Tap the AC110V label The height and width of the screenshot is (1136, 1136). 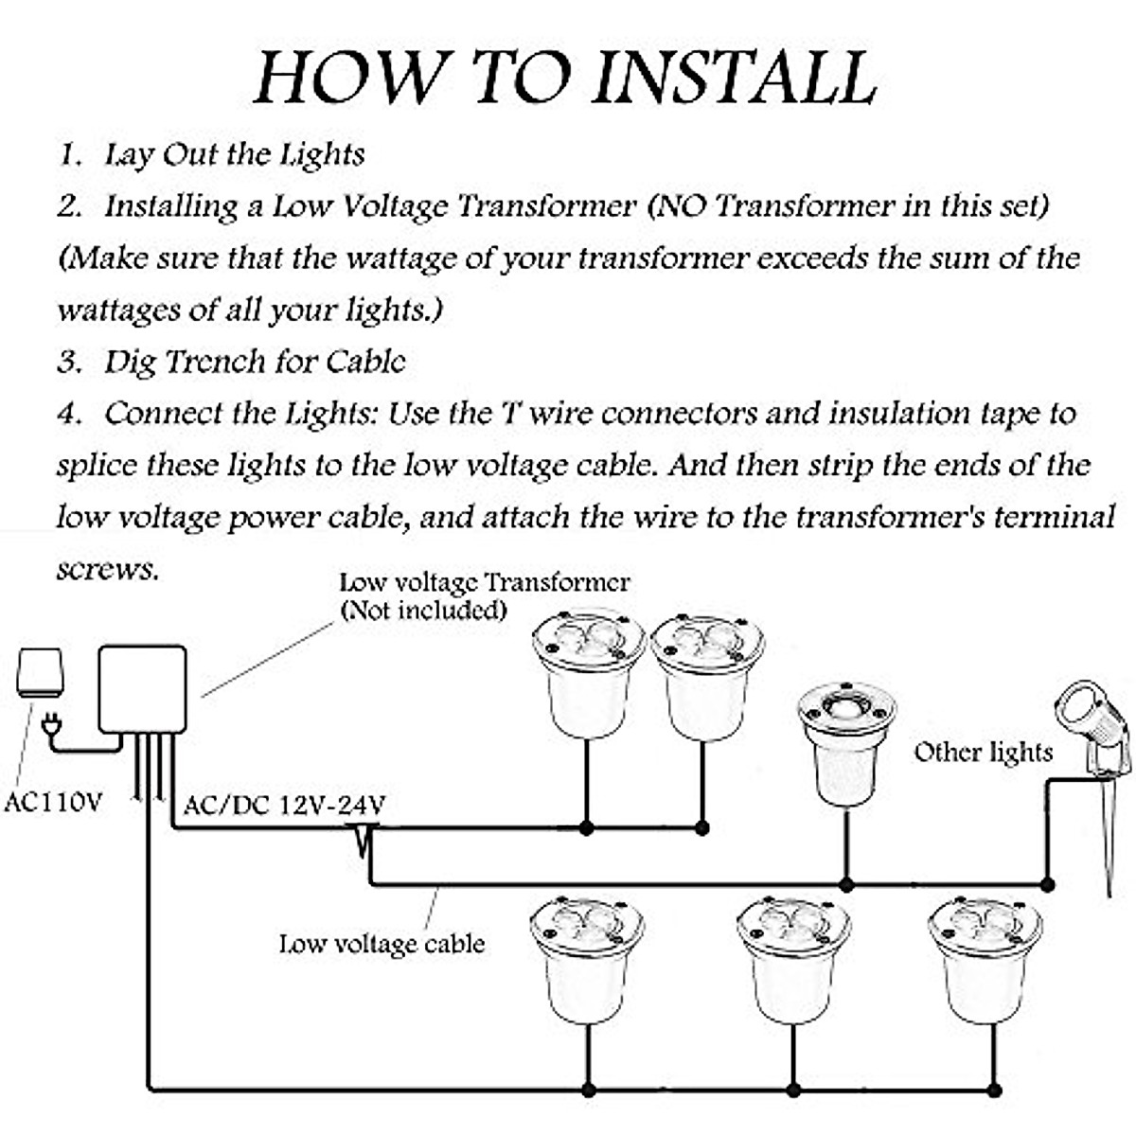point(53,803)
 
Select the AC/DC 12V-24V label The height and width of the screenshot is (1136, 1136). point(284,806)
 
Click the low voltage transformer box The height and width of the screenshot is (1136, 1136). point(142,688)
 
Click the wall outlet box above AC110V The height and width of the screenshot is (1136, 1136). point(40,673)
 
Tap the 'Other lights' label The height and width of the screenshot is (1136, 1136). point(983,753)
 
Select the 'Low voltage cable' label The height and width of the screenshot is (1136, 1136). point(382,944)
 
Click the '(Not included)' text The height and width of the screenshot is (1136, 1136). point(423,610)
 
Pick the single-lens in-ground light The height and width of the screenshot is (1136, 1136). point(844,743)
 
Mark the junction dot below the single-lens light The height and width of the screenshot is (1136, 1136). point(847,885)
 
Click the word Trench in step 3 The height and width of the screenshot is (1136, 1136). point(216,362)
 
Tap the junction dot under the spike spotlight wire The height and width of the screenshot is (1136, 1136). point(1047,885)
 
